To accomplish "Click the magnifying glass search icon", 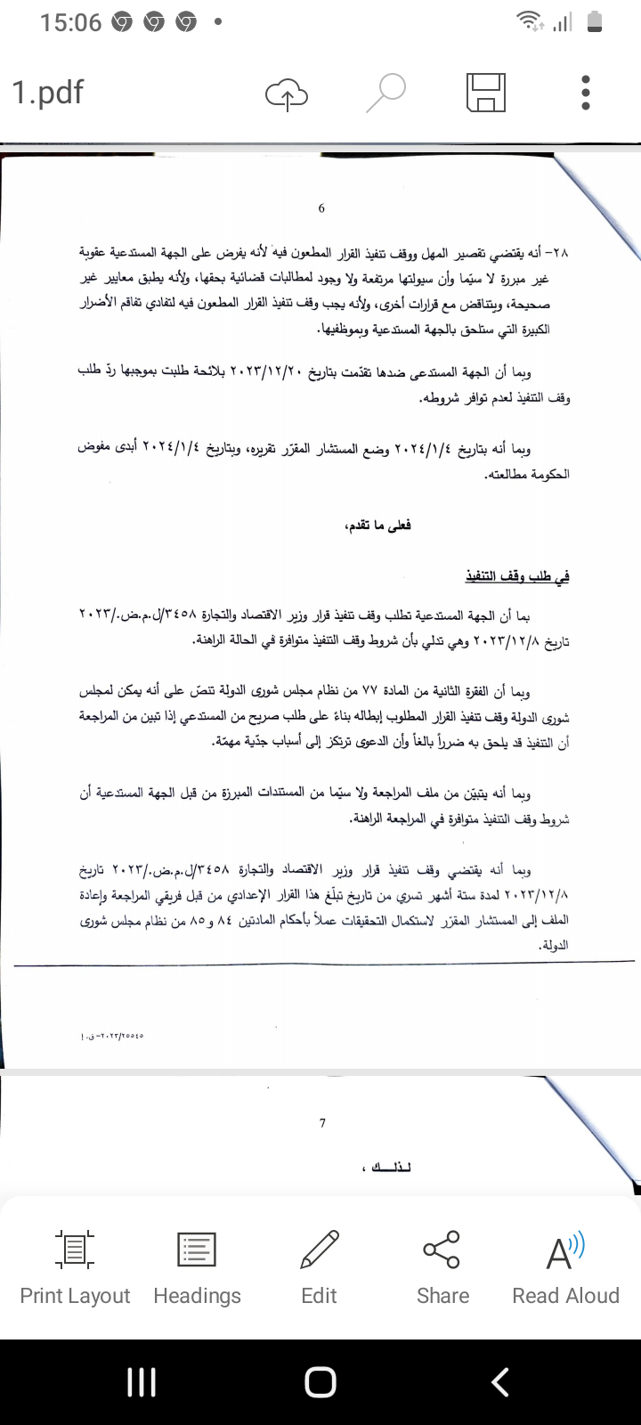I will click(x=385, y=93).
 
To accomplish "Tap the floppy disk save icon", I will click(x=486, y=93).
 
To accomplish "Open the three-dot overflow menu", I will click(x=585, y=93).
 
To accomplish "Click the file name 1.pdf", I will click(x=48, y=93).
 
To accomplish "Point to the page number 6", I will click(x=321, y=208).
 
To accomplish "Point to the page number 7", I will click(x=322, y=1123).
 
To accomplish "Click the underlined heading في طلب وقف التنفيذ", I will click(x=517, y=577).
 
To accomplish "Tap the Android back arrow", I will click(x=500, y=1381).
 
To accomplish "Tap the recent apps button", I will click(x=142, y=1381).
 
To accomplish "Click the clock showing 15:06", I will click(x=70, y=23).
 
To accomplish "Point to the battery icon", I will click(x=596, y=22).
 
